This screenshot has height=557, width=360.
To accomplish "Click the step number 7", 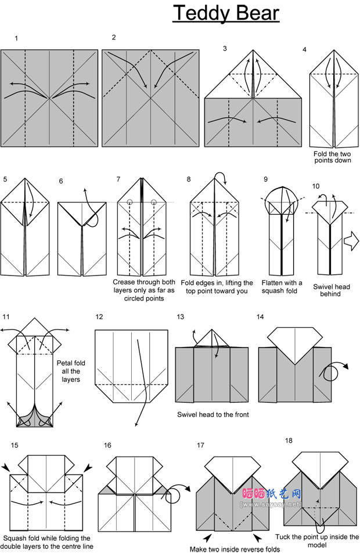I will tap(118, 179).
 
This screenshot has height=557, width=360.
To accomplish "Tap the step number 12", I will tap(99, 317).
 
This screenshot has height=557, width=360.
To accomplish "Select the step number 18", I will tap(289, 440).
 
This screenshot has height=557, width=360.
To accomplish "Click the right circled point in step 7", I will tap(154, 202).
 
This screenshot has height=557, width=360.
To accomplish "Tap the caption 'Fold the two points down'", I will tap(332, 157).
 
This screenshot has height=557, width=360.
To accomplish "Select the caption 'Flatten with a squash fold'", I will tap(282, 287).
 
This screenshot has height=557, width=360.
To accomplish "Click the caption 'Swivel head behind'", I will tap(327, 290).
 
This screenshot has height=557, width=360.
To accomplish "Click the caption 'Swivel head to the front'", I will tap(213, 415).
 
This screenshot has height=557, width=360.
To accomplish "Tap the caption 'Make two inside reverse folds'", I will tap(235, 549).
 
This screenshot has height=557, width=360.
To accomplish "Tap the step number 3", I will tap(225, 48).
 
